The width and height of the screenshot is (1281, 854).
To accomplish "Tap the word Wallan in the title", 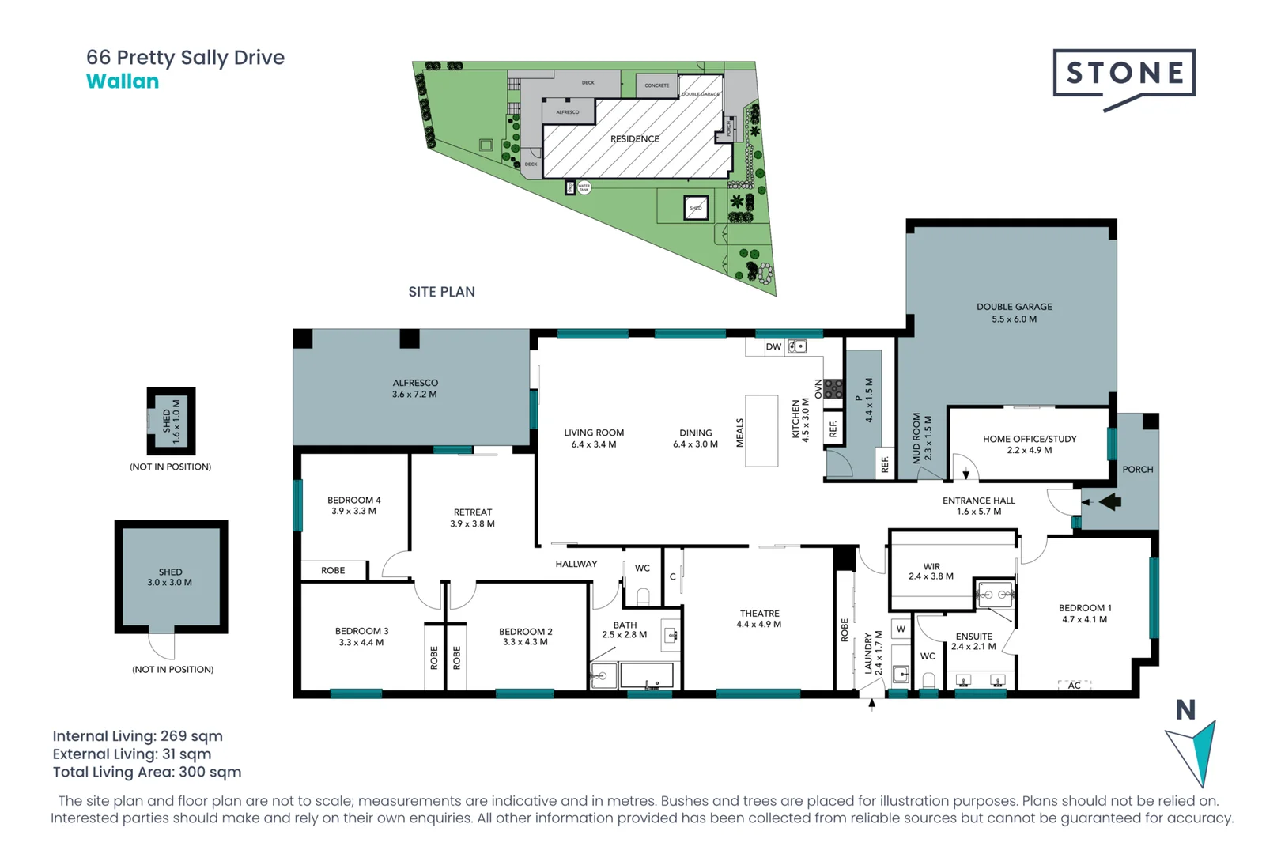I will pyautogui.click(x=123, y=81).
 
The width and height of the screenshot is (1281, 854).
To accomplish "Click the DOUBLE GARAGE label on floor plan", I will pyautogui.click(x=1015, y=307).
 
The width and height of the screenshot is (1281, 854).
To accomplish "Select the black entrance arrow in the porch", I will pyautogui.click(x=1110, y=501).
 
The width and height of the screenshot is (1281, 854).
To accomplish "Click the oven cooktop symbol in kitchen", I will pyautogui.click(x=833, y=389).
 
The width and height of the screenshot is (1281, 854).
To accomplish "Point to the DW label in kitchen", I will pyautogui.click(x=773, y=346).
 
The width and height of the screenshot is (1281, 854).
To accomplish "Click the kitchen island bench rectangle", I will pyautogui.click(x=761, y=430).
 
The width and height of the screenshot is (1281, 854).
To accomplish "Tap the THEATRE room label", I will pyautogui.click(x=760, y=614).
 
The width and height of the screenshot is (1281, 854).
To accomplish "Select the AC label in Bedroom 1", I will pyautogui.click(x=1074, y=685).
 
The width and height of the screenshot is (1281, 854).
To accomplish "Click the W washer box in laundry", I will pyautogui.click(x=901, y=629).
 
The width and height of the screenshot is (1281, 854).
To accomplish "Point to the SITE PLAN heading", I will pyautogui.click(x=441, y=292).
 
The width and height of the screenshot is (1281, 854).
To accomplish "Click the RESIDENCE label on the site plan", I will pyautogui.click(x=634, y=139).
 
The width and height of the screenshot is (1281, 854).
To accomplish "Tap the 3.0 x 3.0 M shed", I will pyautogui.click(x=171, y=577).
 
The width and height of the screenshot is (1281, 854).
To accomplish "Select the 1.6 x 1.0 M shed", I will pyautogui.click(x=172, y=421).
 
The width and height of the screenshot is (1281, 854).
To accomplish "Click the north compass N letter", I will pyautogui.click(x=1185, y=710).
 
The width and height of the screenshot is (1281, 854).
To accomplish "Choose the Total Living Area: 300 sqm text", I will pyautogui.click(x=147, y=772).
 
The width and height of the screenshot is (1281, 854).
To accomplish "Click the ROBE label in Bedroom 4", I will pyautogui.click(x=333, y=570).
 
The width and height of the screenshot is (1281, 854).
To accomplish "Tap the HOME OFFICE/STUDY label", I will pyautogui.click(x=1030, y=439).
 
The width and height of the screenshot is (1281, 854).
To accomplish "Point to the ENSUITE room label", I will pyautogui.click(x=973, y=637).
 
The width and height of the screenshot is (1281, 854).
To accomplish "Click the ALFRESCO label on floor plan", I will pyautogui.click(x=415, y=383).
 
